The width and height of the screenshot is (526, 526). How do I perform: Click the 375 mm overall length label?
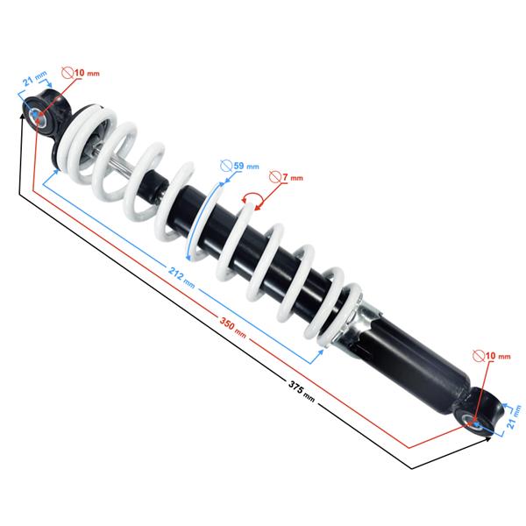point(302,390)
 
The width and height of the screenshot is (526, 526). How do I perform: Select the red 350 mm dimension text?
point(233,327)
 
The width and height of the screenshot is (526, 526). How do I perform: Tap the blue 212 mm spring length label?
point(181,277)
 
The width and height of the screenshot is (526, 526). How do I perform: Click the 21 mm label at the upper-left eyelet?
point(34,79)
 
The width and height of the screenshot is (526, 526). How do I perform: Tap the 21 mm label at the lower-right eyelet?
point(514,416)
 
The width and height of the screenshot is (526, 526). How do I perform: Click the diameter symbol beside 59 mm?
point(226,166)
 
